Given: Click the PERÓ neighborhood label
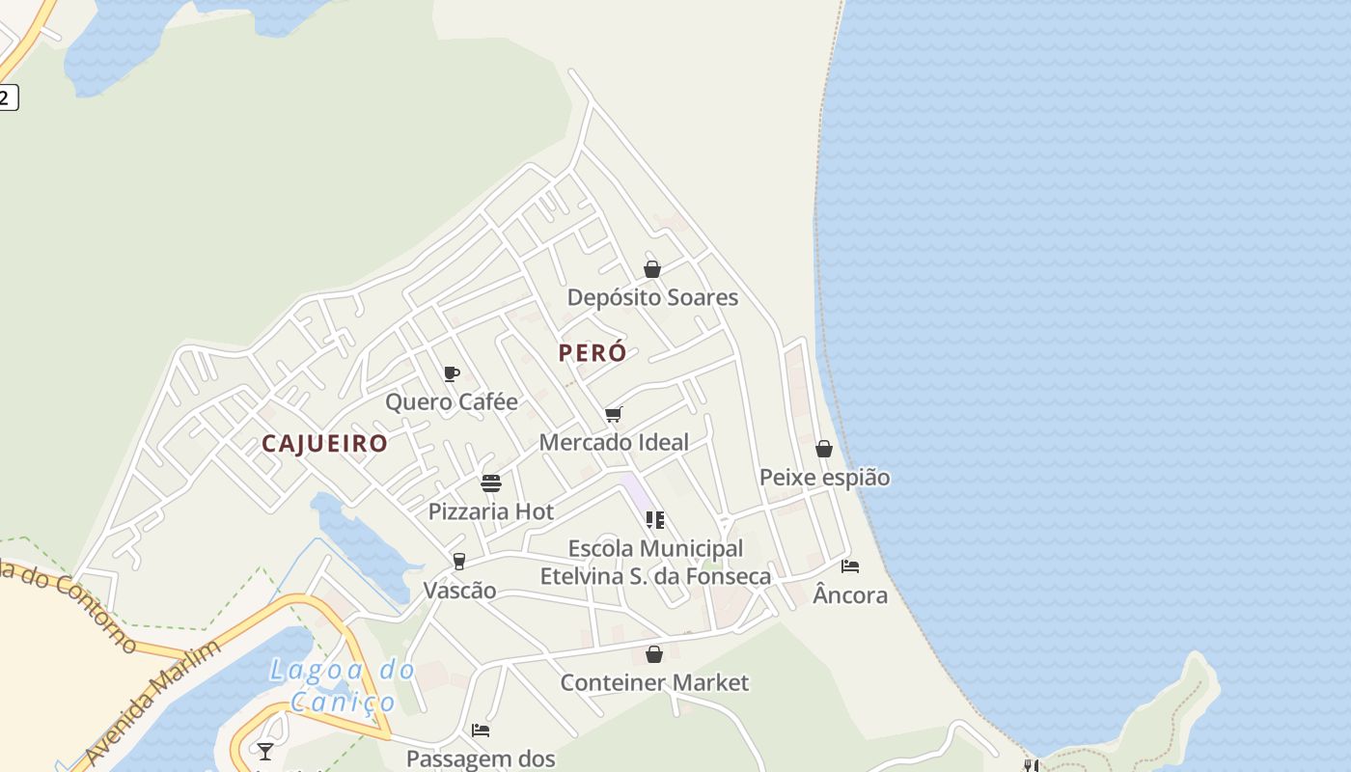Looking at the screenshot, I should pos(593,353).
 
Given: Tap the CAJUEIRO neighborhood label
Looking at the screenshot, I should pos(324,444).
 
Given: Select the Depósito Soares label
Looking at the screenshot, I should pos(652,297).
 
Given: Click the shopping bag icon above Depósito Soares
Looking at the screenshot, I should pos(652,269).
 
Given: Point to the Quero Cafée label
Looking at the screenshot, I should pos(452,401).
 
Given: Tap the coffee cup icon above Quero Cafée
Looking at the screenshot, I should pos(451,373).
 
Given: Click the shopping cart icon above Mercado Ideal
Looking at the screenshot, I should pos(613,415).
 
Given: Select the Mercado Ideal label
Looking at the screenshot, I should pos(614,443).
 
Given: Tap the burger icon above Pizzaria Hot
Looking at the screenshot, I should pos(491,482).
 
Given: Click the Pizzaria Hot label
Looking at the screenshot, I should pos(491,511).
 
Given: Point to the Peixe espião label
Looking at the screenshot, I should pos(824,478).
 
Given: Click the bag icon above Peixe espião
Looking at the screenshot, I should pos(824,449).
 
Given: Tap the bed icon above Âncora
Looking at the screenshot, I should pos(850,566).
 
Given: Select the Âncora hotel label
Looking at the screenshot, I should pos(850,595).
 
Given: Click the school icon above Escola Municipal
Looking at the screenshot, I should pos(655,520).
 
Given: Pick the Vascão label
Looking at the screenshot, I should pos(460,591).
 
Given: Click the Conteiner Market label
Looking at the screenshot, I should pos(654,683).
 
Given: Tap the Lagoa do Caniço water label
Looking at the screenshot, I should pos(343,685).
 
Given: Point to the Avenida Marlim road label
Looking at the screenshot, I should pos(152,699).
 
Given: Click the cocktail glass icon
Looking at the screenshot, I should pos(265,751).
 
